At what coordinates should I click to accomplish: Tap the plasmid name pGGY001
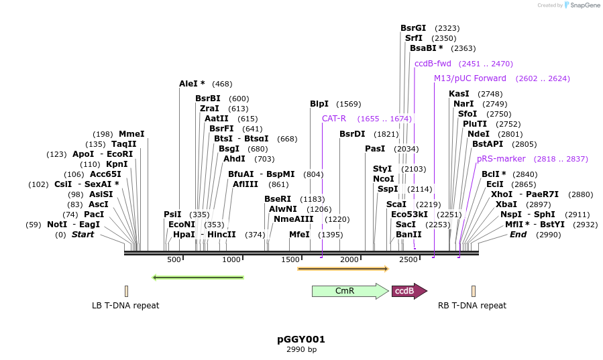point(301,339)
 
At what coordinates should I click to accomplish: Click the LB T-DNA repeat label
point(125,306)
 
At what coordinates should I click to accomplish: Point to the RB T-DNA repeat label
point(472,306)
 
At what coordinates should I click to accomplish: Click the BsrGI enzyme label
point(413,28)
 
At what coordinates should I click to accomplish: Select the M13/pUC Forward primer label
point(470,78)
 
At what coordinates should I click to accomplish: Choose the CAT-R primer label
point(334,119)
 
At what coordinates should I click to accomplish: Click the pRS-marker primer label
point(501,159)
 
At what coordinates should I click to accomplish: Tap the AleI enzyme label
point(192,84)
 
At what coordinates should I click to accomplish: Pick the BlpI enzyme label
point(319,104)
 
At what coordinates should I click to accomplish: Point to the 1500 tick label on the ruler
point(290,259)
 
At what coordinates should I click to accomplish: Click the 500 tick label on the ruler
point(174,259)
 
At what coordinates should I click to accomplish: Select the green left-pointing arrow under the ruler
point(198,277)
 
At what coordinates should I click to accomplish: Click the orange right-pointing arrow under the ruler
point(343,269)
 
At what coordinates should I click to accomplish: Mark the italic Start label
point(83,235)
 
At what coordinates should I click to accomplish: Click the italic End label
point(518,235)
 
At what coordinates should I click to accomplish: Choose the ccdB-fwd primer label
point(433,64)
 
